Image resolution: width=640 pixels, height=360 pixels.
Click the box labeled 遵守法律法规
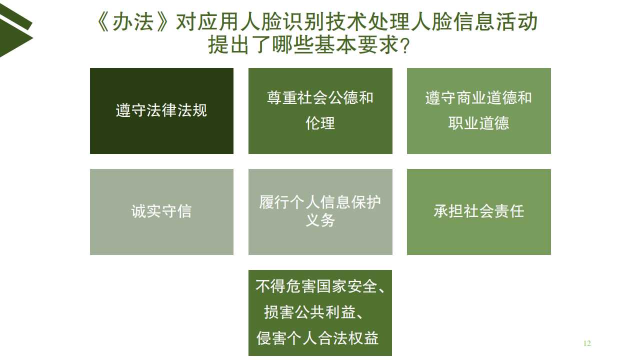(161, 111)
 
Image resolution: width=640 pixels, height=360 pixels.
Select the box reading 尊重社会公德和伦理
(320, 111)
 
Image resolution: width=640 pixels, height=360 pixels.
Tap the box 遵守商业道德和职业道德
(479, 111)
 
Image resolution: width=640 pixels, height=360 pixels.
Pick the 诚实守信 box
(161, 212)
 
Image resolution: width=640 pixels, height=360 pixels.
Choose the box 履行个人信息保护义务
(320, 212)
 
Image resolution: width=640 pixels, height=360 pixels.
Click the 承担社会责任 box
(479, 212)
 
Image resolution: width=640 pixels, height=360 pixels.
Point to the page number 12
(587, 343)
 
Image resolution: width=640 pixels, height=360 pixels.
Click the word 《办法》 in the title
(132, 22)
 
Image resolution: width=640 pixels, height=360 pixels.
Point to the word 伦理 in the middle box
(320, 123)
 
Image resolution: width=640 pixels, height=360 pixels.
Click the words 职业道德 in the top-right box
(479, 123)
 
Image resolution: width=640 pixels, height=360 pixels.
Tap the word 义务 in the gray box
(320, 220)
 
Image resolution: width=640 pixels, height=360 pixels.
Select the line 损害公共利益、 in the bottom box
(313, 312)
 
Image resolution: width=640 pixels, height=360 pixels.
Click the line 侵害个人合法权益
(317, 338)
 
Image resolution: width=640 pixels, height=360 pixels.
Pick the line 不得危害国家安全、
(320, 286)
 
